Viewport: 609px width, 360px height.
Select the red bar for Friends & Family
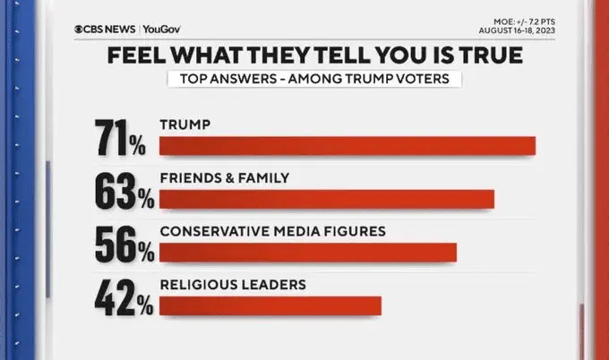click(327, 199)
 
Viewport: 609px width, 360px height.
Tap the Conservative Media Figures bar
click(308, 252)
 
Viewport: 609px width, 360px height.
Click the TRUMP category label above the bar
click(184, 124)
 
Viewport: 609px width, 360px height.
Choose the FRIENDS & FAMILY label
click(224, 177)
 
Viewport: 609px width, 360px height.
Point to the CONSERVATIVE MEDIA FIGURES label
click(272, 231)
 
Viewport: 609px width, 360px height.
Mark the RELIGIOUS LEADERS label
click(233, 285)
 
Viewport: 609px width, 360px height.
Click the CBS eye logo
click(81, 29)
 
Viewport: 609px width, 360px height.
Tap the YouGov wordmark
click(161, 29)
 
